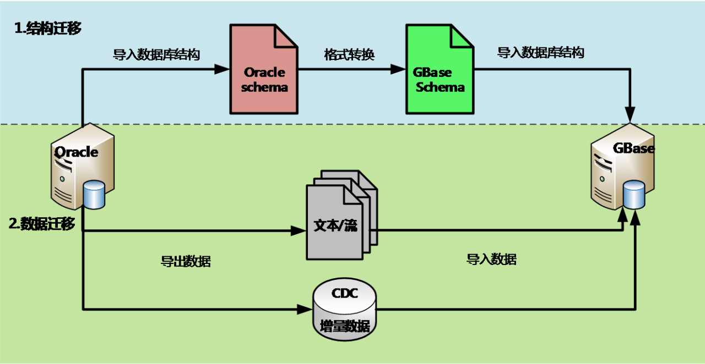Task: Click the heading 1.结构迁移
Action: (x=48, y=29)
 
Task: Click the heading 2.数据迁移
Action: (x=42, y=223)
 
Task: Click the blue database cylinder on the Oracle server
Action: (x=94, y=195)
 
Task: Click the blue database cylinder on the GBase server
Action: (x=634, y=195)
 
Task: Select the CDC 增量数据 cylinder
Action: (x=344, y=309)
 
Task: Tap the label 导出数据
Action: (x=186, y=261)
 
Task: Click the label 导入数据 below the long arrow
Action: (x=492, y=260)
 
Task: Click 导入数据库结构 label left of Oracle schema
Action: (x=156, y=55)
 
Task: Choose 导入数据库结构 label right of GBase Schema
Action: (x=540, y=53)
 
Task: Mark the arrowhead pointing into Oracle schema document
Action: (x=222, y=69)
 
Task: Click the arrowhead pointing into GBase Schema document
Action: (x=398, y=69)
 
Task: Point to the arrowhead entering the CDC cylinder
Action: (x=305, y=309)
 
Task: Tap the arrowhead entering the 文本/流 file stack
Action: (x=299, y=231)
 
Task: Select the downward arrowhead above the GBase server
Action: (x=631, y=117)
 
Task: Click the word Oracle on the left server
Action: (x=76, y=152)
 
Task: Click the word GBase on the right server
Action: (x=633, y=148)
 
